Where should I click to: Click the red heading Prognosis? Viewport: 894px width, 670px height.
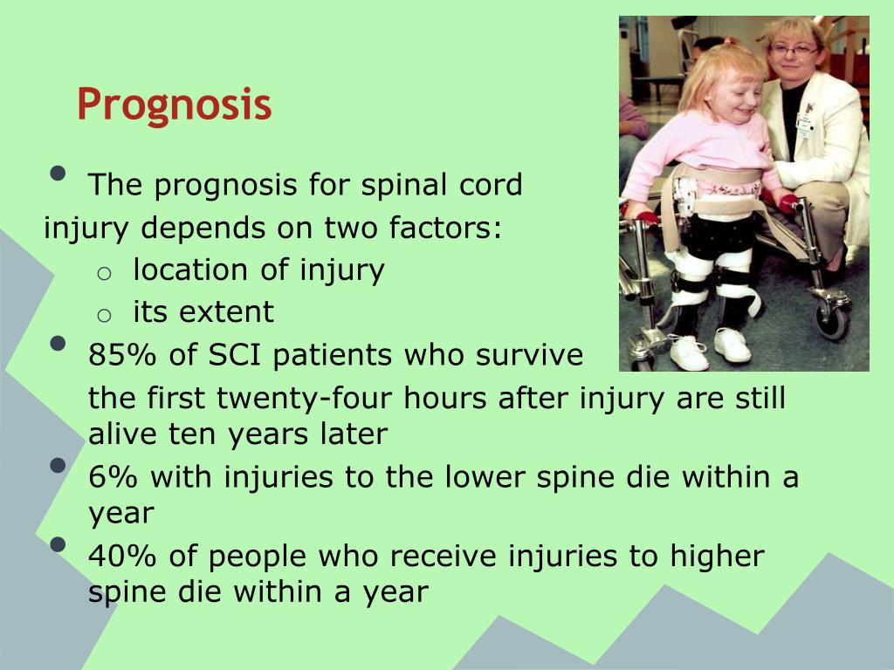pyautogui.click(x=174, y=106)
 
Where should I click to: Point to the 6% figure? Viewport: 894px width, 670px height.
pyautogui.click(x=113, y=476)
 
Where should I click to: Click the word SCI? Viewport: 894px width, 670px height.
pyautogui.click(x=234, y=354)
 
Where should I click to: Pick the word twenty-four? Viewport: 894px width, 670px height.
pyautogui.click(x=305, y=398)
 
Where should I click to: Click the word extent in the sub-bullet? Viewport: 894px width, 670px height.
pyautogui.click(x=226, y=311)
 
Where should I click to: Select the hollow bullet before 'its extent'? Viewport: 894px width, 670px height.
pyautogui.click(x=104, y=315)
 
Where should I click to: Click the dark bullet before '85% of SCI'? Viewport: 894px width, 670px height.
pyautogui.click(x=58, y=343)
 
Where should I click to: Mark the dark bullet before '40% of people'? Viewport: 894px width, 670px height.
pyautogui.click(x=58, y=544)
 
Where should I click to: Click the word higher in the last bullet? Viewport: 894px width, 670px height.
pyautogui.click(x=717, y=556)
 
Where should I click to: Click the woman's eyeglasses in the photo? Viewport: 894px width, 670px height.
pyautogui.click(x=794, y=51)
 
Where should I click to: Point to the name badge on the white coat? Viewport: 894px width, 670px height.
pyautogui.click(x=804, y=125)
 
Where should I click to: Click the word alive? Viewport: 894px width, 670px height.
pyautogui.click(x=124, y=434)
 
